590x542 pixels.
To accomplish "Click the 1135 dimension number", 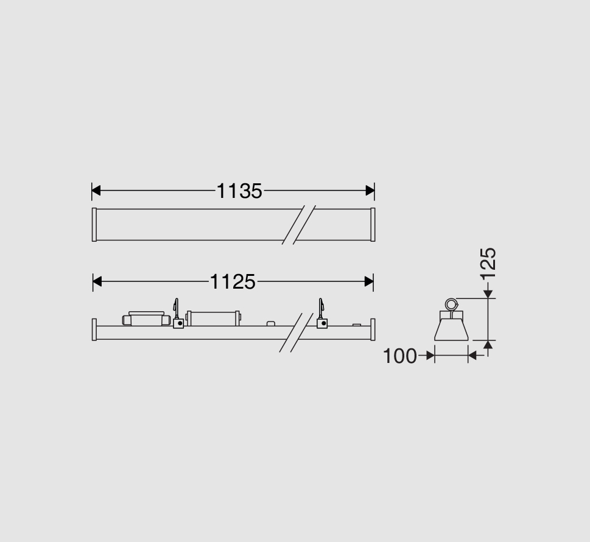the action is [x=239, y=191].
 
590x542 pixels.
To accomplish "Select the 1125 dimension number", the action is [x=233, y=281].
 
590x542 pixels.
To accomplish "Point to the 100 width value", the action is [x=399, y=356].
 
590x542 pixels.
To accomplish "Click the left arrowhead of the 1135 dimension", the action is [x=96, y=191].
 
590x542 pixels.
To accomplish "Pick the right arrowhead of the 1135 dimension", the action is [x=370, y=191].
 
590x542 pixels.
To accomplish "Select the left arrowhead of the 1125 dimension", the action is [x=97, y=281].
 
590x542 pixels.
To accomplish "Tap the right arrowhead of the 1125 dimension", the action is [x=369, y=281].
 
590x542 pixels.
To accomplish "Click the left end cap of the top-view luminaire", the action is [x=94, y=224].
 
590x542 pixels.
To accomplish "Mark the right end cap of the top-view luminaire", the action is [x=373, y=224].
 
